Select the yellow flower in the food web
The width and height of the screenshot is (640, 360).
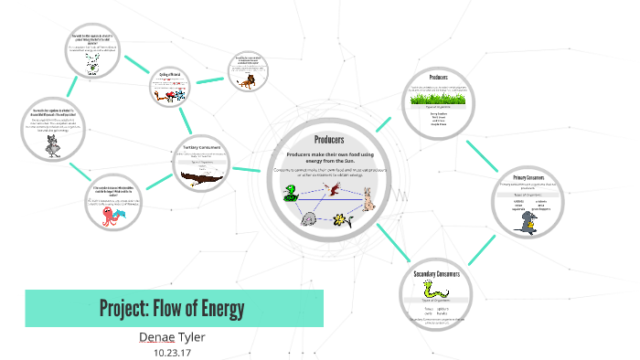click(340, 219)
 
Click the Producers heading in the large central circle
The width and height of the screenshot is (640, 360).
click(328, 140)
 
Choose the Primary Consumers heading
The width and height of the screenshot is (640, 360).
click(528, 175)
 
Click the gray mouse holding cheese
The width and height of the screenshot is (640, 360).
click(528, 222)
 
